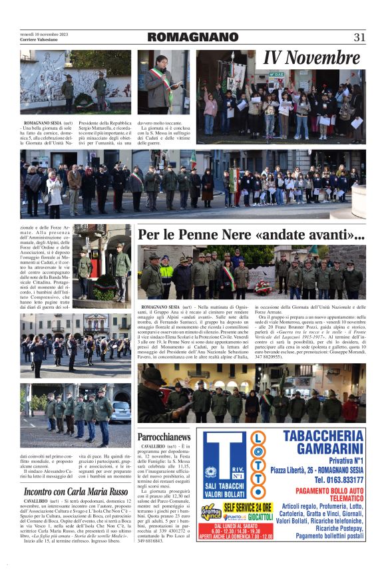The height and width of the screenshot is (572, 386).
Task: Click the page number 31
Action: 359,37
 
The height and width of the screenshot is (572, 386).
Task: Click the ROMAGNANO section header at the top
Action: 192,37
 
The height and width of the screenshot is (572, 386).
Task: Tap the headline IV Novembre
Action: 311,59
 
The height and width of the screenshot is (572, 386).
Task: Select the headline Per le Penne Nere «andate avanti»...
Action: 252,235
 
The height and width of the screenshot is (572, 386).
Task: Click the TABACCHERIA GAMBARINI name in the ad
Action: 321,442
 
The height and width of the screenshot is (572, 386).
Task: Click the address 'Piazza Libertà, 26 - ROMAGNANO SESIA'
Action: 318,470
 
